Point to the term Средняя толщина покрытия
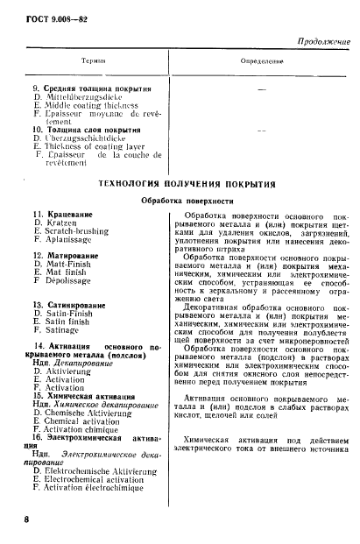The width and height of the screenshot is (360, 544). pos(95,89)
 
